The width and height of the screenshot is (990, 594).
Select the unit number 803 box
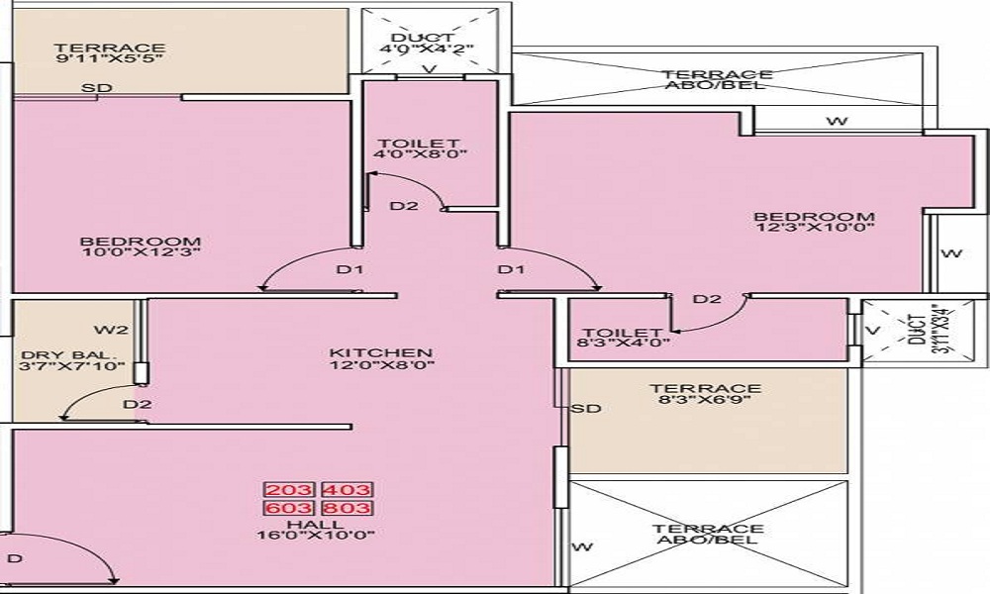346,508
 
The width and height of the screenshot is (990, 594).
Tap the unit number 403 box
346,489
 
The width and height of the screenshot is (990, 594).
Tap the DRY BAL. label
69,353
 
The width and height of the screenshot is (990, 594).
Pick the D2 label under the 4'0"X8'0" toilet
403,207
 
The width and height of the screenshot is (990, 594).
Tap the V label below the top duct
430,69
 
